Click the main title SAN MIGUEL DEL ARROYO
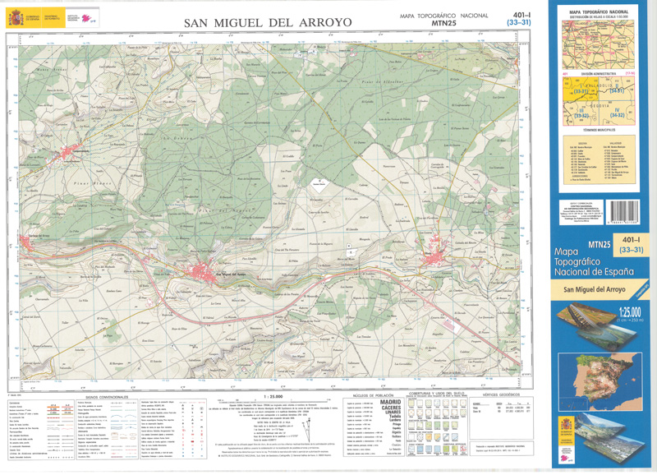pyautogui.click(x=266, y=22)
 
